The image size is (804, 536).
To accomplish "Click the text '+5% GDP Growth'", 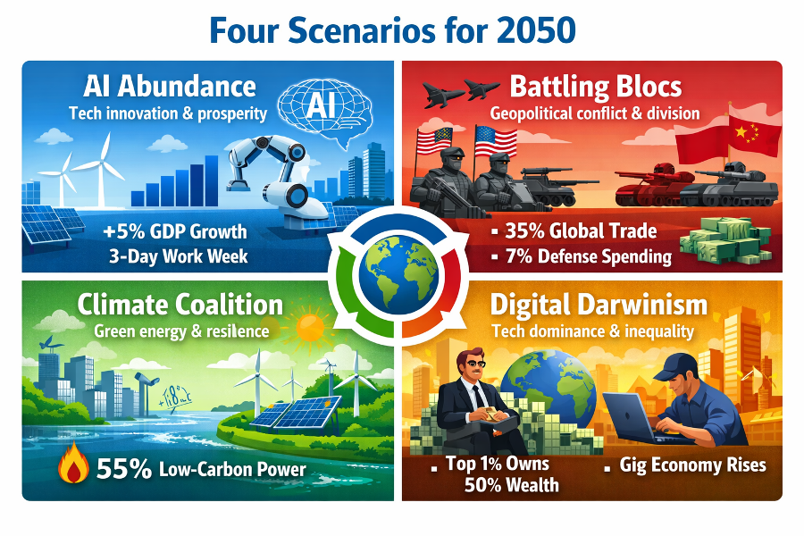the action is click(x=175, y=231).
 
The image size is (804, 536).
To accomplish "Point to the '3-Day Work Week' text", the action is click(x=178, y=256).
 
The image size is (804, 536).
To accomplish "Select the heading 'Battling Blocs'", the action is click(x=595, y=87).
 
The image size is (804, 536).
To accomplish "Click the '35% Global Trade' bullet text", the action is click(x=581, y=231).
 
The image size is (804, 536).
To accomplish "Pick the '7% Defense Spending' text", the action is click(x=588, y=256).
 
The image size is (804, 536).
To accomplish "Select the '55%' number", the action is click(x=123, y=469).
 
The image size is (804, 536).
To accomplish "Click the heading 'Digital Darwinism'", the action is click(x=599, y=305).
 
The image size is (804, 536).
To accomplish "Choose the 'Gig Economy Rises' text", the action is click(x=692, y=465).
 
